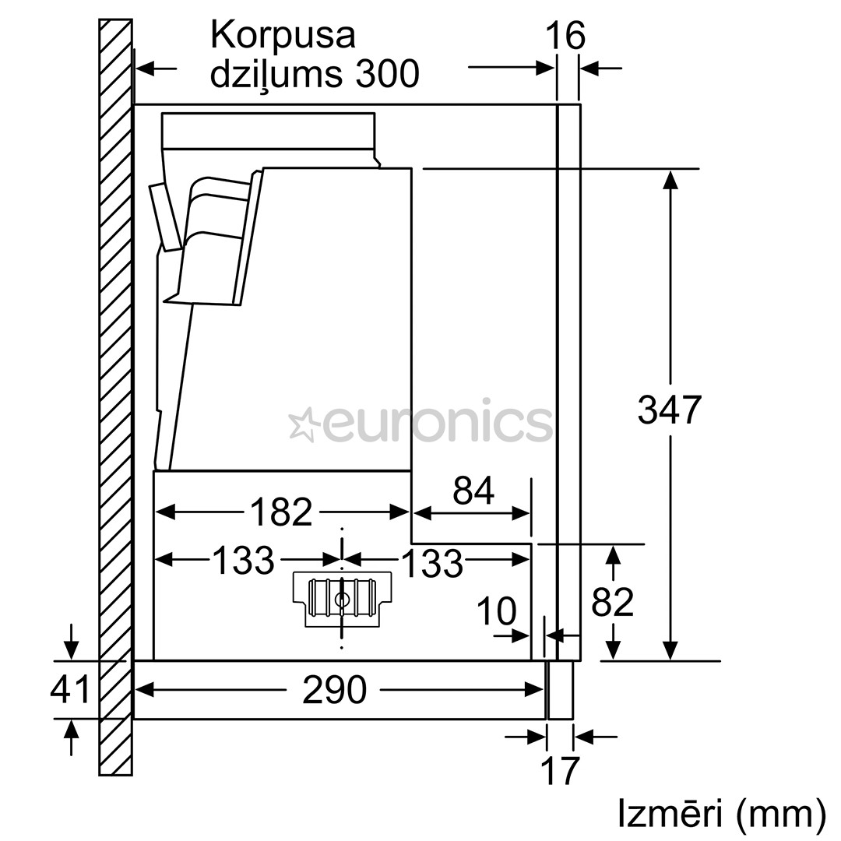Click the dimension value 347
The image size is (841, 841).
669,410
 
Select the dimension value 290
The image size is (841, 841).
334,689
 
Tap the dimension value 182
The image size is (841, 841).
280,512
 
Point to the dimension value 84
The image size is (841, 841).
473,491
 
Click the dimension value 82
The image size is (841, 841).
613,601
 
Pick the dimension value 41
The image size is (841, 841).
70,689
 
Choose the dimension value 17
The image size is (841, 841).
560,770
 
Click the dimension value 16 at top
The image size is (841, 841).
565,36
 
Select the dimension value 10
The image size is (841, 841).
495,612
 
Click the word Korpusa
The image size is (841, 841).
283,36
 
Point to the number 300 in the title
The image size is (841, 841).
388,74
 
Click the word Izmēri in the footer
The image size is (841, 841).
665,814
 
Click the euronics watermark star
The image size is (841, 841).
301,424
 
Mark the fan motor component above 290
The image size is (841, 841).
342,600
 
